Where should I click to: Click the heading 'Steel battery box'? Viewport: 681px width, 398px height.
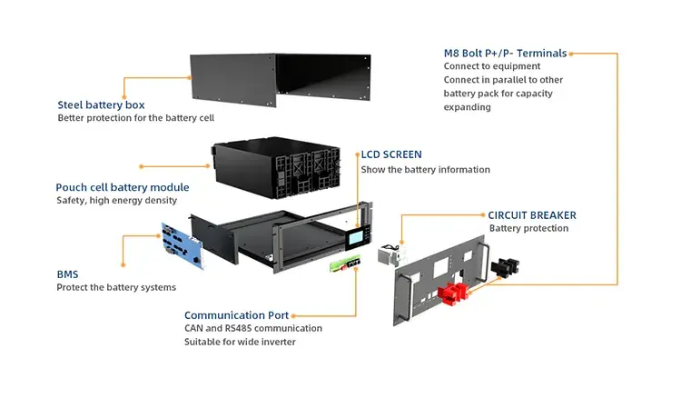[101, 104]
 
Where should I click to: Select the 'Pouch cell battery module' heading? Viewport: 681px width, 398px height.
[123, 186]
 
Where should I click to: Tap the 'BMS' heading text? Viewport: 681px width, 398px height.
[67, 273]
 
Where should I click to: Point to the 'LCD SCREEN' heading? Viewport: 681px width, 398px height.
[391, 154]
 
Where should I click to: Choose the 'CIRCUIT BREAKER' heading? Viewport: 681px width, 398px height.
[532, 214]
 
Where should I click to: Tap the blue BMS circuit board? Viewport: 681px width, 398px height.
[185, 243]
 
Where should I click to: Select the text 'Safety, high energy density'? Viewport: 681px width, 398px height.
[116, 201]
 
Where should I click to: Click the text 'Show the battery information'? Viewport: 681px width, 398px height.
[425, 170]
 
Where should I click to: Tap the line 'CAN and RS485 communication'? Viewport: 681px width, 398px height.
[252, 328]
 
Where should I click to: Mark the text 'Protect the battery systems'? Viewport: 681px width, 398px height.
[116, 287]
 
